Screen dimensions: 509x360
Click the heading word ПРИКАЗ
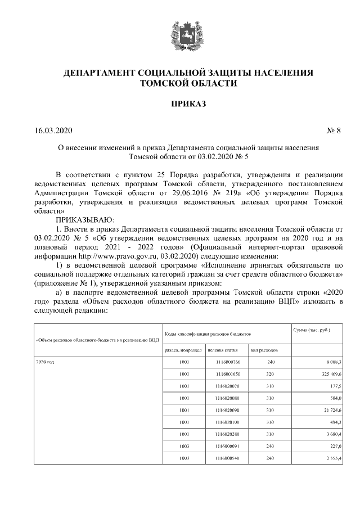[180, 103]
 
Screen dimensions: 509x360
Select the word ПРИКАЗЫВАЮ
[84, 219]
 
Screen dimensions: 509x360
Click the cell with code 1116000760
[228, 362]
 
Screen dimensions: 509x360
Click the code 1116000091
[228, 447]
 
